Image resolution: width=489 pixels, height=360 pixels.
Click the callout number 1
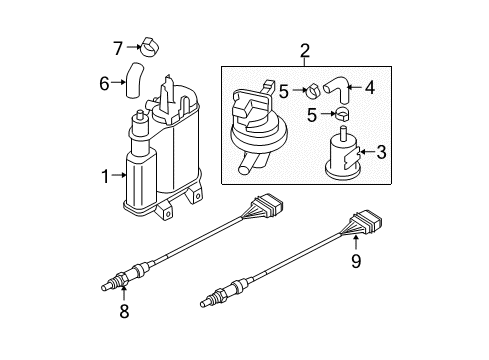105,176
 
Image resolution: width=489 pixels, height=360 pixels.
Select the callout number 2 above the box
305,51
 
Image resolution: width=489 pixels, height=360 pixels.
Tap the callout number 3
381,152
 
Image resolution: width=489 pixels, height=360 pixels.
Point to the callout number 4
370,88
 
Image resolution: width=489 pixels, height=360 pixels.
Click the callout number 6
104,83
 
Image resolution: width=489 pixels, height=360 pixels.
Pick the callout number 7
118,48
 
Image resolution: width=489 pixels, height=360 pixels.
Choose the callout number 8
124,311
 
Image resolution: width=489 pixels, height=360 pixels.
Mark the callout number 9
356,261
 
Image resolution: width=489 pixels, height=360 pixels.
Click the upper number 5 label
284,91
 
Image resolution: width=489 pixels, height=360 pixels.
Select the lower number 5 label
312,115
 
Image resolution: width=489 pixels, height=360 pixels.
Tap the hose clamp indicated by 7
149,47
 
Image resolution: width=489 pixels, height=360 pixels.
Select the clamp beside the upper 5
313,91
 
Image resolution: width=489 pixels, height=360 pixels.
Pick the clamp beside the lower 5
341,114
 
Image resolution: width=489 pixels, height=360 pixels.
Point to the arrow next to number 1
118,174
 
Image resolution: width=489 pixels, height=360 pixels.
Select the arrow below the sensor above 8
124,293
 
